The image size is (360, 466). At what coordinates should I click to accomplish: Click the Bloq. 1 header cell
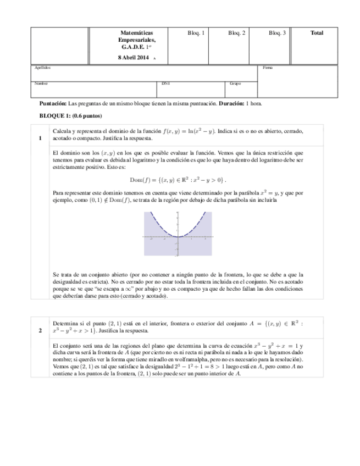click(x=196, y=33)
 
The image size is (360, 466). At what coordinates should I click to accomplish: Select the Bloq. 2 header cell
click(x=236, y=33)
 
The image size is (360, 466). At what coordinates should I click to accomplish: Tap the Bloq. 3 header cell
click(x=277, y=33)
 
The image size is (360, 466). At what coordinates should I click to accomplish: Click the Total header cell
click(x=317, y=33)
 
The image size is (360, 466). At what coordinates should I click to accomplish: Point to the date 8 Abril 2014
click(x=133, y=57)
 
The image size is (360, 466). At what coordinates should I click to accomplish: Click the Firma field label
click(x=268, y=68)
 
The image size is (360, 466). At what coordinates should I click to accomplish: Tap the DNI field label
click(x=165, y=84)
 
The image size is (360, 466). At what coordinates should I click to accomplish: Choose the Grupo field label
click(x=235, y=84)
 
